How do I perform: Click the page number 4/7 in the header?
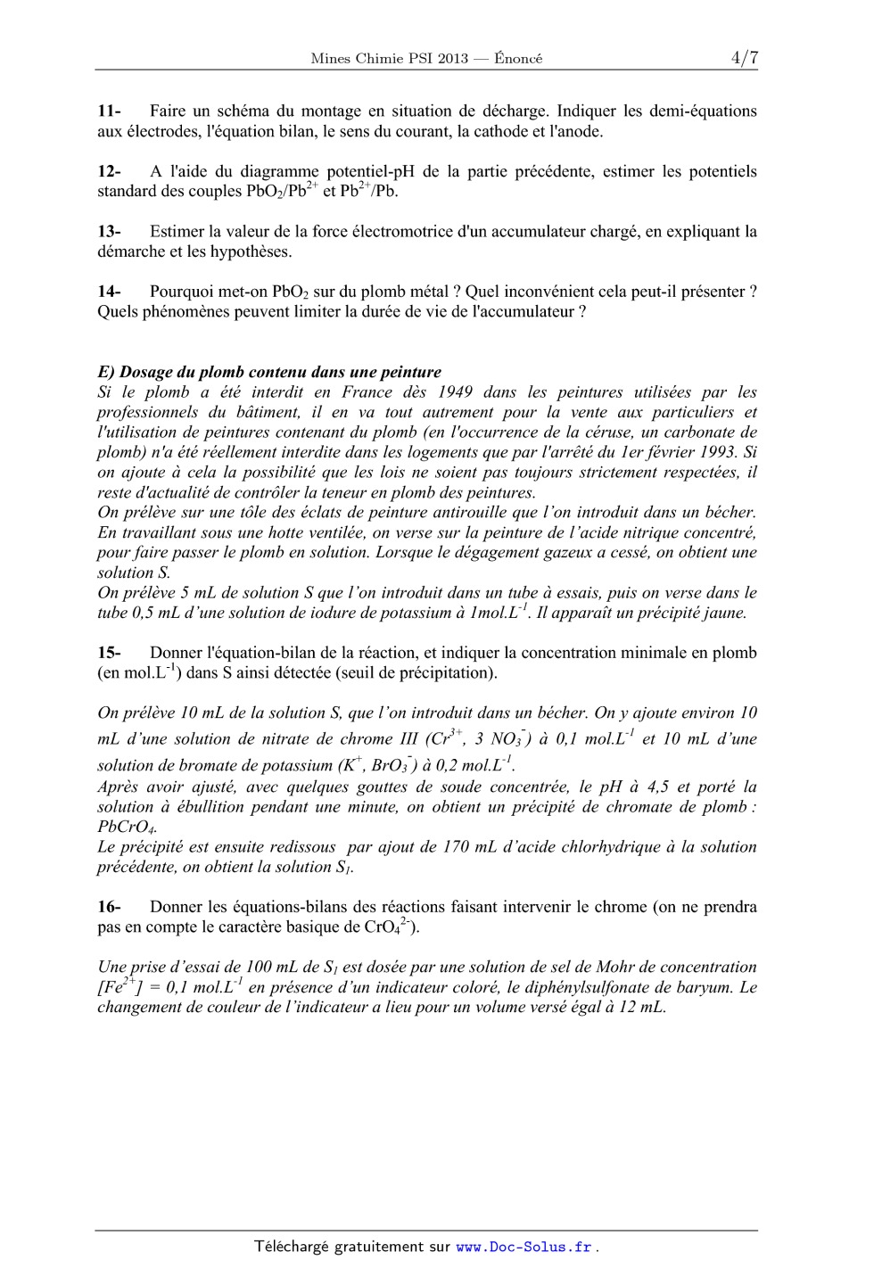744,58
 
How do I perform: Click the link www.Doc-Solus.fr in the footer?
524,1248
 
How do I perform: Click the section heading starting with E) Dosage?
268,372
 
